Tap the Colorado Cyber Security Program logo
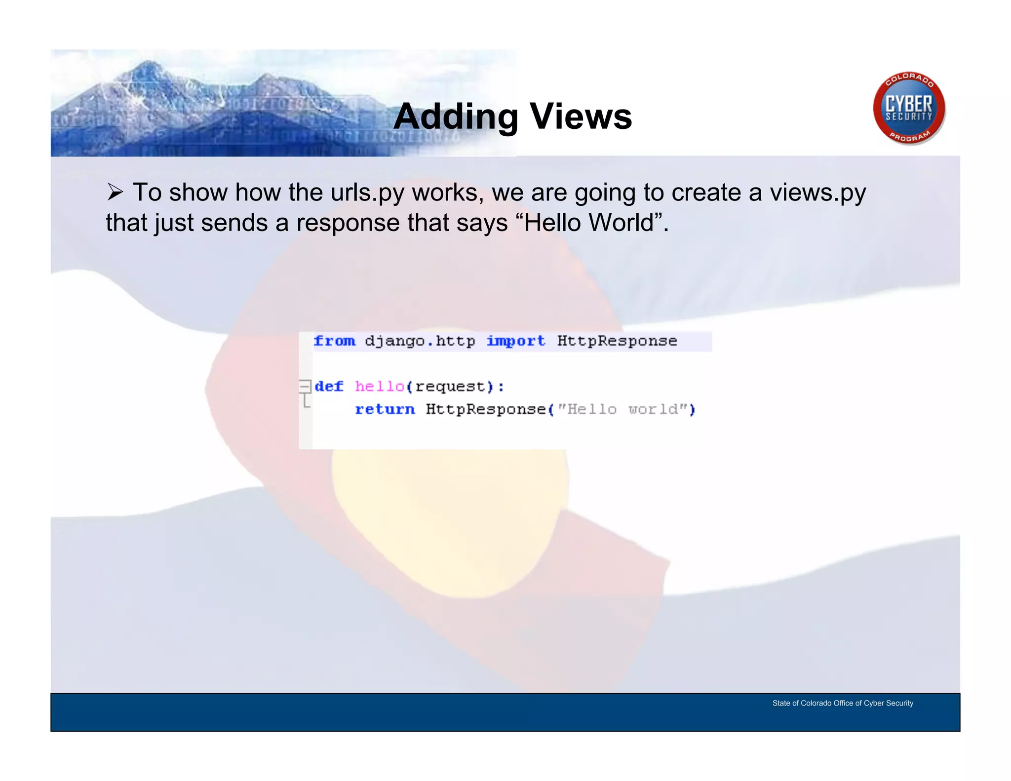pyautogui.click(x=909, y=108)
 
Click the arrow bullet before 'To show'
pyautogui.click(x=115, y=192)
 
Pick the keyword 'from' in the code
pyautogui.click(x=334, y=341)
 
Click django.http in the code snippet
pyautogui.click(x=420, y=341)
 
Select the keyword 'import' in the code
pyautogui.click(x=516, y=341)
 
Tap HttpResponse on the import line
pyautogui.click(x=617, y=341)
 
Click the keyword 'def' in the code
pyautogui.click(x=329, y=387)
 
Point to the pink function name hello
pyautogui.click(x=380, y=387)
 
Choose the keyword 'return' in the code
pyautogui.click(x=385, y=409)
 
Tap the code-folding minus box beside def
pyautogui.click(x=305, y=386)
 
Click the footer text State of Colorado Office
pyautogui.click(x=843, y=703)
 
